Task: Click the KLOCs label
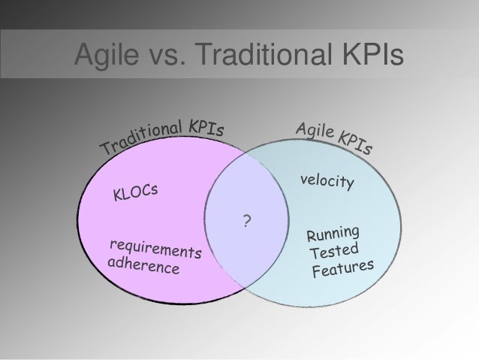coord(136,192)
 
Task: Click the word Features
coord(342,268)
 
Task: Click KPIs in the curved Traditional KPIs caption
coord(206,126)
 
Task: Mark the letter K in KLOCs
coord(119,197)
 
